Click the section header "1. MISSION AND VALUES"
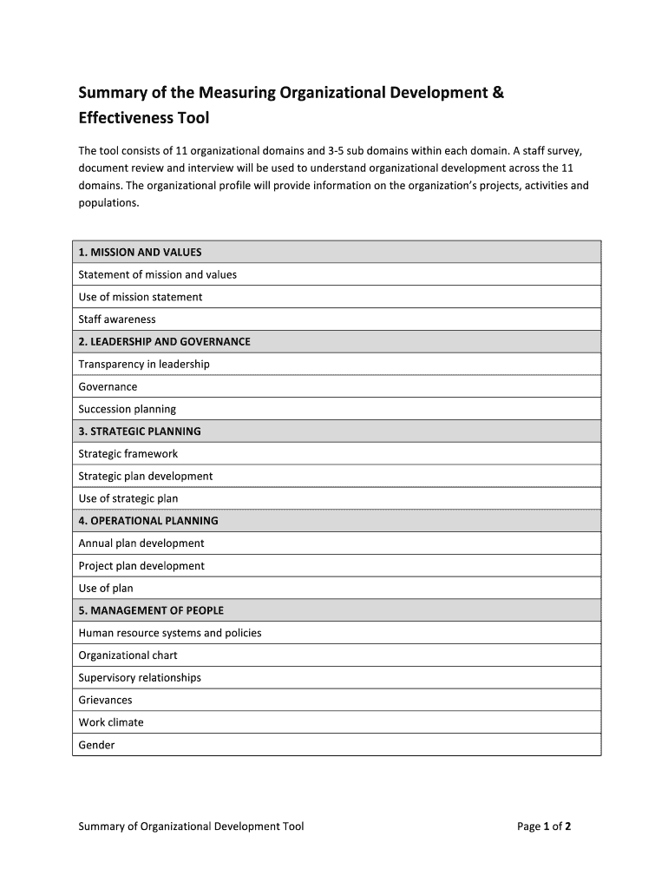click(140, 252)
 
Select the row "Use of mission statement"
click(141, 297)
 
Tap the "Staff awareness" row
click(117, 319)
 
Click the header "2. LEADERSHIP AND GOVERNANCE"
click(164, 342)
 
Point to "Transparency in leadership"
click(144, 365)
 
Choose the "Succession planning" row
click(127, 409)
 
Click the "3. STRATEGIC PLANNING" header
click(140, 431)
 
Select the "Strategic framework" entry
click(128, 454)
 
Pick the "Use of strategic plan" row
click(128, 498)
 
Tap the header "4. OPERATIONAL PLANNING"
click(148, 521)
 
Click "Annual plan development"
click(141, 543)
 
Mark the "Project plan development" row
click(141, 566)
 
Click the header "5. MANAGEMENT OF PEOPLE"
click(151, 610)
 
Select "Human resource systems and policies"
click(170, 633)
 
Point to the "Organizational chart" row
click(128, 655)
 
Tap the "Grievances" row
click(106, 700)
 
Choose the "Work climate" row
click(111, 722)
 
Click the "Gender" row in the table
click(96, 745)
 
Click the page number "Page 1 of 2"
click(544, 826)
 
